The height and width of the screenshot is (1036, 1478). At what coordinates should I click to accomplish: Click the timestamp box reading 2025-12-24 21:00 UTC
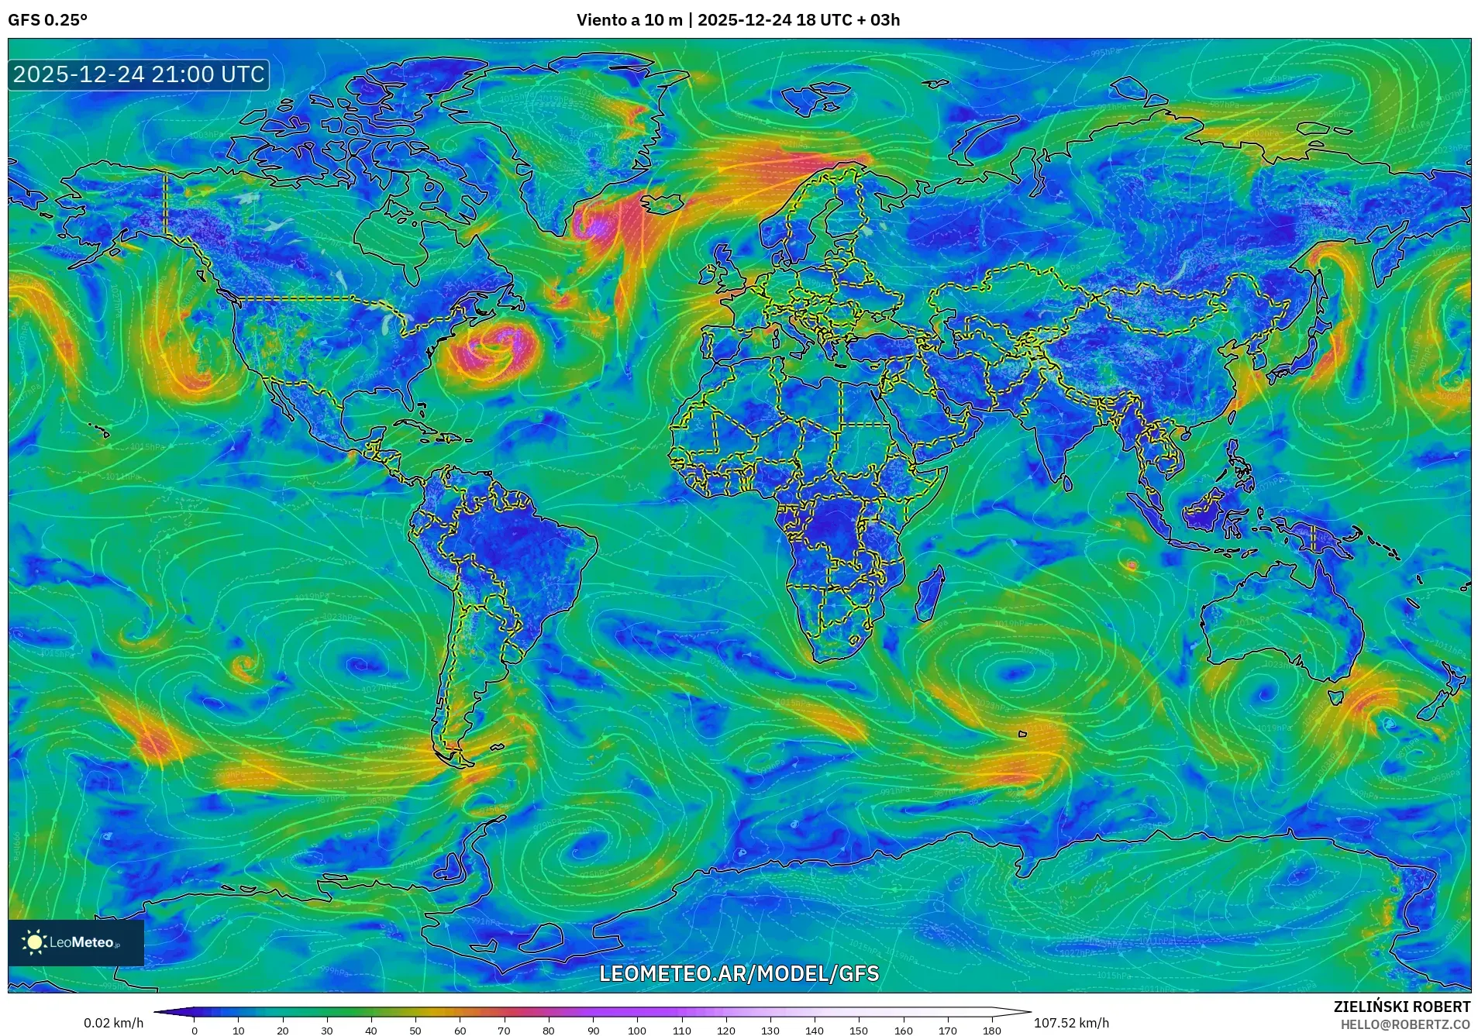[139, 74]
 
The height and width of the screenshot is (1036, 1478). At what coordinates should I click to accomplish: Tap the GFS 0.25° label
[47, 20]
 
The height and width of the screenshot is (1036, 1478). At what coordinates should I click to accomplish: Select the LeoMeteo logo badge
[76, 942]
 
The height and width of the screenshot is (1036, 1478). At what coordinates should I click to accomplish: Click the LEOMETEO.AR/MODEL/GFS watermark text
[739, 973]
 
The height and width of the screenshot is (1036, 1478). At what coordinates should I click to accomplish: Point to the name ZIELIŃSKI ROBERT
[1401, 1007]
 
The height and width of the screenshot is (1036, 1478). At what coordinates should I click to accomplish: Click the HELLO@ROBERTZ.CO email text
[1405, 1024]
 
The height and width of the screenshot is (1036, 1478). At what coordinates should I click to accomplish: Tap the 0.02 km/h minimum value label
[113, 1023]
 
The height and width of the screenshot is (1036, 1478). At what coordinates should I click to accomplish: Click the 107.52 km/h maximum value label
[1071, 1023]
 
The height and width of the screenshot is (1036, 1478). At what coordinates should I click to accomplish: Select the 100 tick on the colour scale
[637, 1031]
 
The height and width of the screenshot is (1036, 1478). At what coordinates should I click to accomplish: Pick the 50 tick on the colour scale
[415, 1031]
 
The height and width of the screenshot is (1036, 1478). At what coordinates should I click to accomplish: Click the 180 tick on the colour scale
[992, 1031]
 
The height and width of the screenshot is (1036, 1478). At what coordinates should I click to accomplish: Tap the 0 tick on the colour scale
[195, 1031]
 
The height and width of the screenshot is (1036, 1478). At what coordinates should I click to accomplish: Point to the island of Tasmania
[1335, 697]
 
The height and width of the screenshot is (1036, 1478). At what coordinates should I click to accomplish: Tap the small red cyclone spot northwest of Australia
[1131, 566]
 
